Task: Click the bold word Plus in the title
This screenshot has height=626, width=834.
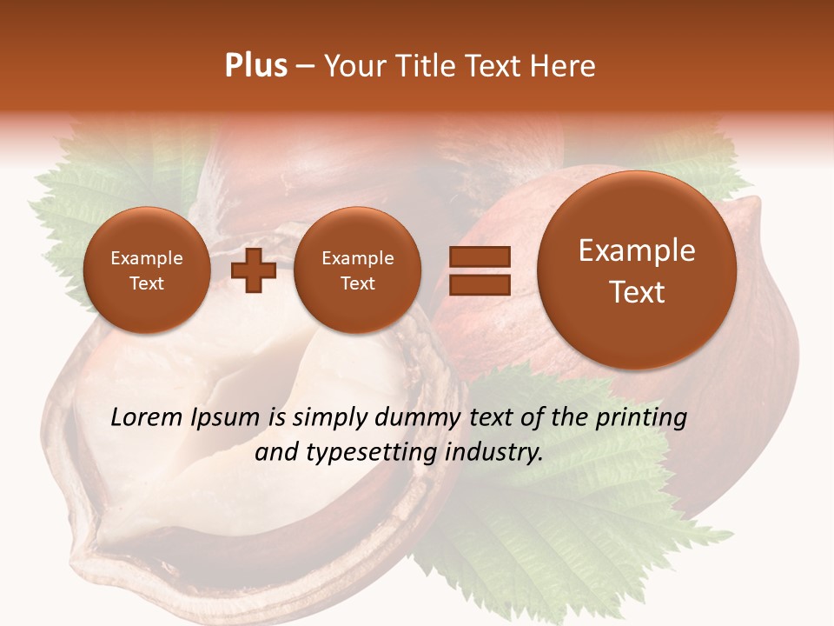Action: [x=255, y=66]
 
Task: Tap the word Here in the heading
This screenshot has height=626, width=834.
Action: [x=566, y=66]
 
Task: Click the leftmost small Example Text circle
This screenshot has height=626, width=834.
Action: [x=147, y=270]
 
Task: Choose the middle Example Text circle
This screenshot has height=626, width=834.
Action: [x=357, y=270]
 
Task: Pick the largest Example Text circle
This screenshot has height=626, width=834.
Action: [x=637, y=270]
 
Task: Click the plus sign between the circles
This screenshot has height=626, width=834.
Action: [x=254, y=270]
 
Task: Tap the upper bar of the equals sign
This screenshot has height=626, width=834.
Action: [x=480, y=256]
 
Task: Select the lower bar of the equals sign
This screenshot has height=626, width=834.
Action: [x=480, y=283]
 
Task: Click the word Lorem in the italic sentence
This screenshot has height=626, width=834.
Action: [x=148, y=417]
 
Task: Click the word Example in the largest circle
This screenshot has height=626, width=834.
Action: [x=637, y=250]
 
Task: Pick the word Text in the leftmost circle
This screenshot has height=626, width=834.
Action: [x=147, y=283]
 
